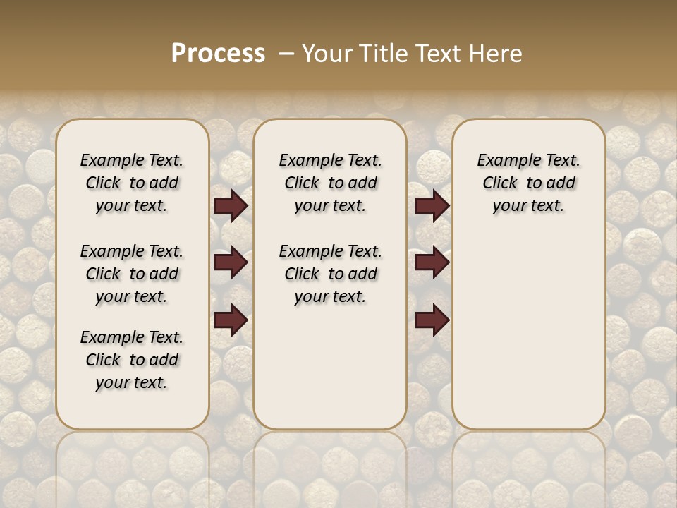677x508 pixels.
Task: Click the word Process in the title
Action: click(x=218, y=54)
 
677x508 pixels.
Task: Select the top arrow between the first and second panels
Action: click(x=231, y=205)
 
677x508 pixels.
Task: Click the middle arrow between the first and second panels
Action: click(x=231, y=262)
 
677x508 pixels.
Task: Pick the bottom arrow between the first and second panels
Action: click(x=231, y=320)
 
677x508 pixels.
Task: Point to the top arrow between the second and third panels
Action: click(x=432, y=205)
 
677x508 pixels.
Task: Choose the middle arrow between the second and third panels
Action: click(x=432, y=262)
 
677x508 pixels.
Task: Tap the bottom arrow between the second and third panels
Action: click(x=432, y=320)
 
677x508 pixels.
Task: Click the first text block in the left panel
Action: click(x=132, y=183)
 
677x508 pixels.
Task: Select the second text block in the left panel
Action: click(x=132, y=274)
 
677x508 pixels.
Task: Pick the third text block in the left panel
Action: click(x=132, y=360)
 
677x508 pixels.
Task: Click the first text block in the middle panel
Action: click(x=331, y=183)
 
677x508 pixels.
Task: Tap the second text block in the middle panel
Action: click(x=331, y=274)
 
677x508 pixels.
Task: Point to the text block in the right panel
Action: click(x=529, y=183)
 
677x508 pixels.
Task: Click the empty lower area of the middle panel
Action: click(x=331, y=367)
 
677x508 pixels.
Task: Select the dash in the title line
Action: click(x=286, y=54)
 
